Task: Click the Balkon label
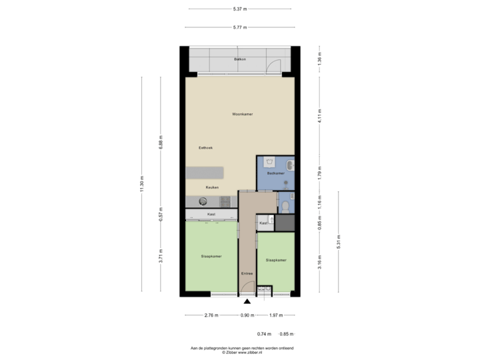click(240, 59)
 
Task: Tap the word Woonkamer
click(242, 114)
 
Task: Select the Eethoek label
click(205, 147)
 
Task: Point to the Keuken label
click(212, 187)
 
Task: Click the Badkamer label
click(276, 173)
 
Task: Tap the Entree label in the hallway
click(247, 273)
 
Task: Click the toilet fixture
click(285, 204)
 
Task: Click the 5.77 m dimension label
click(240, 27)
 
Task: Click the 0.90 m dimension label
click(247, 315)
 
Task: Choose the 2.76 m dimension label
click(211, 315)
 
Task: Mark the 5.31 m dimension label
click(339, 239)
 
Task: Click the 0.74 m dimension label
click(264, 333)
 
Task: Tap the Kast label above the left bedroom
click(211, 214)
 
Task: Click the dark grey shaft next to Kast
click(285, 223)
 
